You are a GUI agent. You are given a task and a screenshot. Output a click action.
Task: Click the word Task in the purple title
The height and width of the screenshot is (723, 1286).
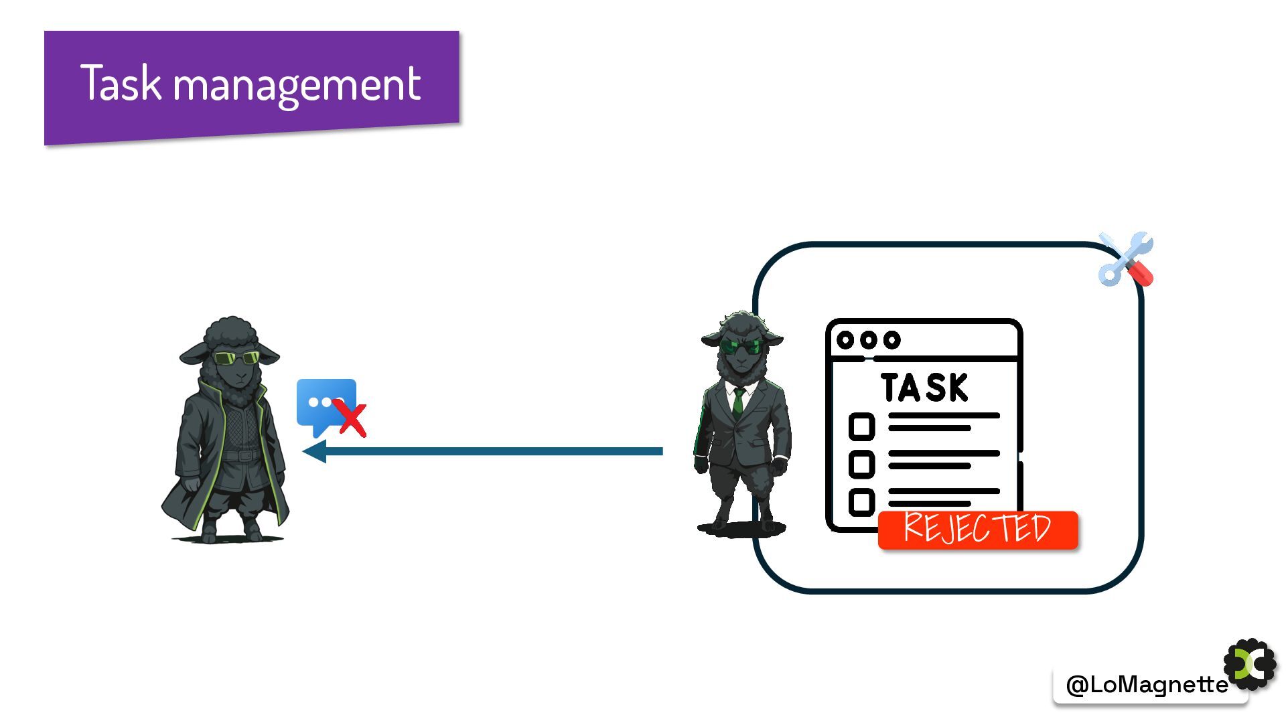pos(121,84)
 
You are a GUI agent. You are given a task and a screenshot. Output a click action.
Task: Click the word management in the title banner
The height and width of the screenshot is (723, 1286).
pos(297,86)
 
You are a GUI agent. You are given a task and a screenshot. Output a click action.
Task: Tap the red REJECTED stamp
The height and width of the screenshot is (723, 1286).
pos(977,530)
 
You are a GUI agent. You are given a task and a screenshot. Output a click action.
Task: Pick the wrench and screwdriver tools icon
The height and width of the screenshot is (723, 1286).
pos(1126,259)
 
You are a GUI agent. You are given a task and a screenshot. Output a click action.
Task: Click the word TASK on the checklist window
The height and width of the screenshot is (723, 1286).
pos(924,388)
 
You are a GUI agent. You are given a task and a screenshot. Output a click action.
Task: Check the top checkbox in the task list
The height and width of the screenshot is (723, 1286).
pos(861,426)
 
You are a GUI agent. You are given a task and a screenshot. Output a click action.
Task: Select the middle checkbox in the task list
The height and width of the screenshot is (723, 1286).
pos(861,464)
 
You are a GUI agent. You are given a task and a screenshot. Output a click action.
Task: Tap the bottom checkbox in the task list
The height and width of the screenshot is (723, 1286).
pos(861,502)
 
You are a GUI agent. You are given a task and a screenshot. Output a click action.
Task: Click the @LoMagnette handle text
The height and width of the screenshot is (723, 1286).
pos(1146,684)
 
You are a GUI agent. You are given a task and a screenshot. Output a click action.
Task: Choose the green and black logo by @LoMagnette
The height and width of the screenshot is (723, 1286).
pos(1250,664)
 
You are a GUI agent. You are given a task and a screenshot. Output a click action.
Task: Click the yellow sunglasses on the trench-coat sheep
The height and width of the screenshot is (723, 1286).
pos(236,358)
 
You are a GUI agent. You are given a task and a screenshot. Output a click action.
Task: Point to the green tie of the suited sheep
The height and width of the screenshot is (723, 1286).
pos(738,402)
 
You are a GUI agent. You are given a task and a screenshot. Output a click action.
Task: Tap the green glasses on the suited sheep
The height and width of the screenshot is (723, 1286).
pos(741,347)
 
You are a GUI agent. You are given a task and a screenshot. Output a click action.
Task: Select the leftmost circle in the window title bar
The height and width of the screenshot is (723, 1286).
pos(845,340)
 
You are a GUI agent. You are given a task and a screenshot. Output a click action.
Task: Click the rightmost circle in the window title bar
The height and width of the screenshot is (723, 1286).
pos(891,340)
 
